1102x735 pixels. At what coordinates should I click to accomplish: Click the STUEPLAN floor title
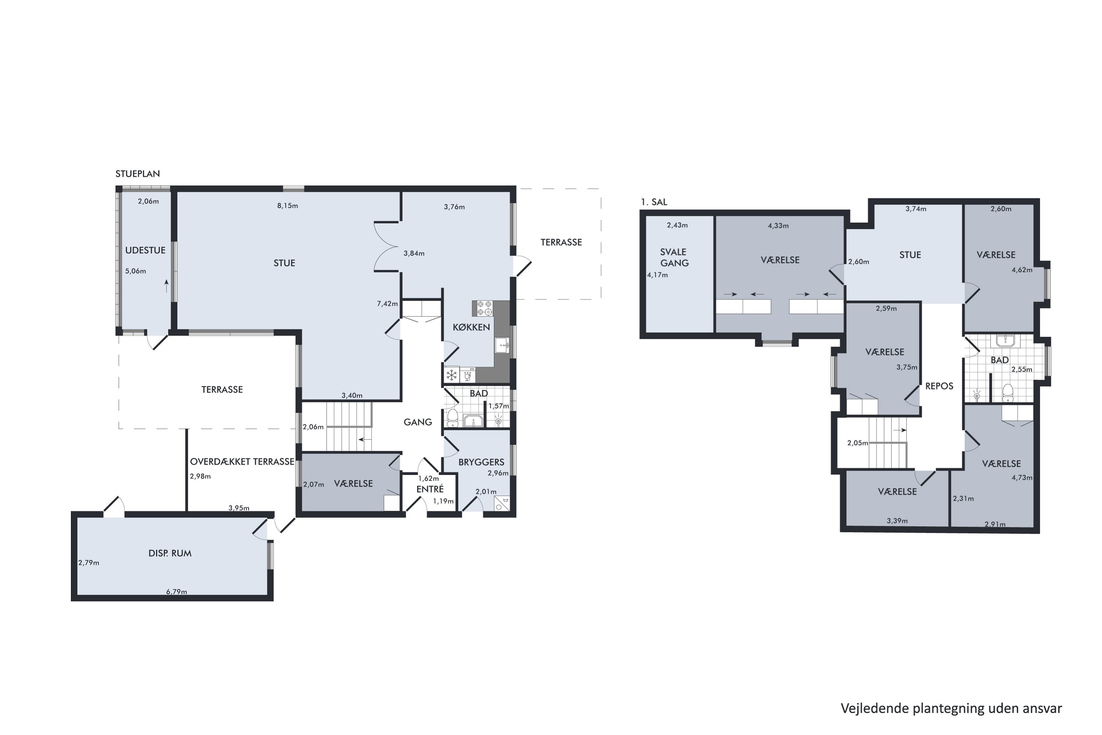click(x=138, y=174)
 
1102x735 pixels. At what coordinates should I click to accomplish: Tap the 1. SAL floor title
click(x=654, y=202)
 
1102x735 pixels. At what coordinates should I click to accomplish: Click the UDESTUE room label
click(x=145, y=250)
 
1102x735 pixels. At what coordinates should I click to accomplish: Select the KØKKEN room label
click(x=471, y=327)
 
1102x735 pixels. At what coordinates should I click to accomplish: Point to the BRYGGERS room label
click(x=481, y=462)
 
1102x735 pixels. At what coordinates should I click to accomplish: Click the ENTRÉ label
click(x=430, y=489)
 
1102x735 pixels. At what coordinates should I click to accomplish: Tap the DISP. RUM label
click(x=170, y=553)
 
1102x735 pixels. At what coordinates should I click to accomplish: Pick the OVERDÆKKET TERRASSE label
click(x=242, y=462)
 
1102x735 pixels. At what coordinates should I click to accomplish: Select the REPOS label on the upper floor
click(x=939, y=386)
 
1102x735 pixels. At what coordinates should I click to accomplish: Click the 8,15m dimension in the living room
click(x=288, y=206)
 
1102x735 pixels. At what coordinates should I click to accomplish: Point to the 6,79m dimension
click(x=177, y=592)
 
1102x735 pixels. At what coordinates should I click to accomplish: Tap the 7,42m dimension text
click(x=388, y=304)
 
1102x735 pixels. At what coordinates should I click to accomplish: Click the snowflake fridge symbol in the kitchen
click(x=452, y=375)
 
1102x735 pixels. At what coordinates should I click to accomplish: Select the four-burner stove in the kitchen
click(x=485, y=308)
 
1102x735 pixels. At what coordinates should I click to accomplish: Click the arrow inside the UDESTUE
click(x=166, y=286)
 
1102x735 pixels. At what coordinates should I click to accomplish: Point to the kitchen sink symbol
click(x=502, y=345)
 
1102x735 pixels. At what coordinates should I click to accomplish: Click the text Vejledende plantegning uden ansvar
click(x=951, y=708)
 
